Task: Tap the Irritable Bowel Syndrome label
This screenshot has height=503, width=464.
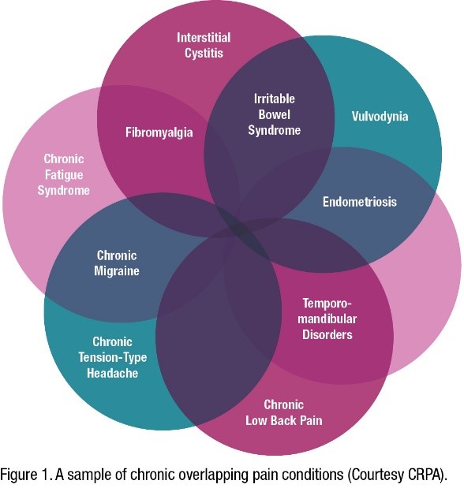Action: [x=274, y=115]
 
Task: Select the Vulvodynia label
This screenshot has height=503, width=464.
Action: [x=380, y=116]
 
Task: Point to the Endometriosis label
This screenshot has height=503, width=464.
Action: [x=359, y=202]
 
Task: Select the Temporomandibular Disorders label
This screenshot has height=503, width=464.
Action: [x=327, y=319]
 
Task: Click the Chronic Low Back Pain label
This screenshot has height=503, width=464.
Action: [x=283, y=412]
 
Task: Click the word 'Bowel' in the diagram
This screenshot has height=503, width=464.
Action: [x=274, y=115]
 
